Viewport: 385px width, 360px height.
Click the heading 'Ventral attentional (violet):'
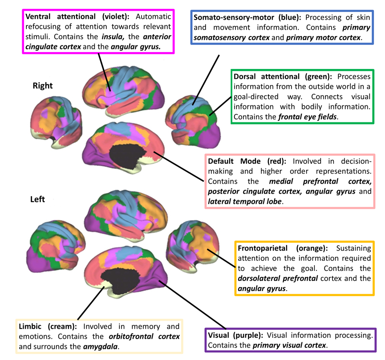coord(77,16)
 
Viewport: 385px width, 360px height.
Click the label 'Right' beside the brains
coord(43,86)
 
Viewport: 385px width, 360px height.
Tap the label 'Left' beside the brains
coord(38,199)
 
